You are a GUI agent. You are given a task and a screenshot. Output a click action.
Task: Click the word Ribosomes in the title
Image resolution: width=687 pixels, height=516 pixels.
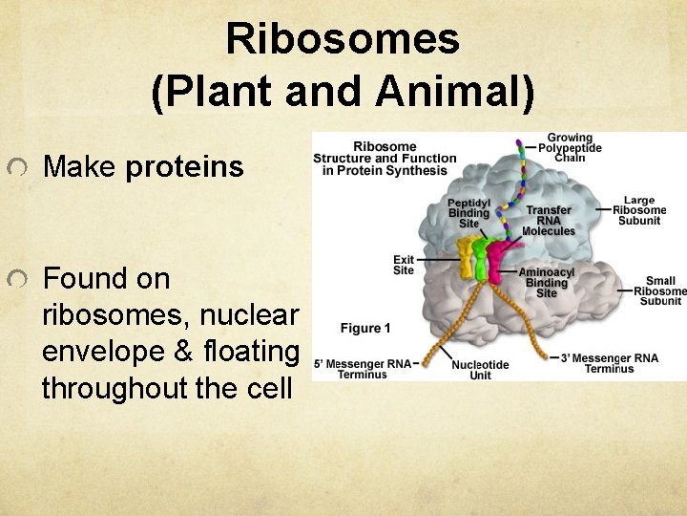pos(343,40)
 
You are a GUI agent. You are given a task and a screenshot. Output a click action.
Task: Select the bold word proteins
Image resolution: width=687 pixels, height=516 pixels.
pos(184,167)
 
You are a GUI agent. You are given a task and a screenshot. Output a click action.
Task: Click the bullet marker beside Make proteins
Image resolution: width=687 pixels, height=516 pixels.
pos(16,168)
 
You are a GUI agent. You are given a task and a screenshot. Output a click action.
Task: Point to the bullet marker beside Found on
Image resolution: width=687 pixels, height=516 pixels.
pos(16,280)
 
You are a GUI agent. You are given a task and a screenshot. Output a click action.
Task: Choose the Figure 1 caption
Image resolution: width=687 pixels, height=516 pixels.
pos(365,329)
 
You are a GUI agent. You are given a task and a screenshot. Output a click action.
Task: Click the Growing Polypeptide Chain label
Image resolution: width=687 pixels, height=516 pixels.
pos(570,148)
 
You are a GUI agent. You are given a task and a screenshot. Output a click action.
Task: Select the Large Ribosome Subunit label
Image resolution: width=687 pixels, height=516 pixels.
pos(639,211)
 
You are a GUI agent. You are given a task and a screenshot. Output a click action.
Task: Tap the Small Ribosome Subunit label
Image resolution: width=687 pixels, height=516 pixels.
pos(659,291)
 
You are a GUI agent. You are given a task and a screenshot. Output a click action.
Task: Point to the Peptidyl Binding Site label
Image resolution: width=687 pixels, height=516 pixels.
pos(468,213)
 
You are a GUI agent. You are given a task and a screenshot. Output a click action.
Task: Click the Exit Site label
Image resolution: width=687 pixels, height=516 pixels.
pos(404,265)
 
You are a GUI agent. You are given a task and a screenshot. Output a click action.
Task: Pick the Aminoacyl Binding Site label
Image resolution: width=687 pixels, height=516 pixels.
pos(546,282)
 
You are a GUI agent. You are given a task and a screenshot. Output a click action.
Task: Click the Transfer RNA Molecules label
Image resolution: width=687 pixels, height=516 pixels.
pos(549,221)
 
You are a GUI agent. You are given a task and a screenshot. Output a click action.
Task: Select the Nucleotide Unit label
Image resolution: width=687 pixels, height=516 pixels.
pos(480,370)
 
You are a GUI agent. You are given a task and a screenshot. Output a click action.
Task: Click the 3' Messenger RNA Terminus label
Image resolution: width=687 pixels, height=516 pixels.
pos(610,363)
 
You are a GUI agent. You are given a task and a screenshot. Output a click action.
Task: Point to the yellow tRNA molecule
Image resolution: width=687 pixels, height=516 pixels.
pos(466,257)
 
